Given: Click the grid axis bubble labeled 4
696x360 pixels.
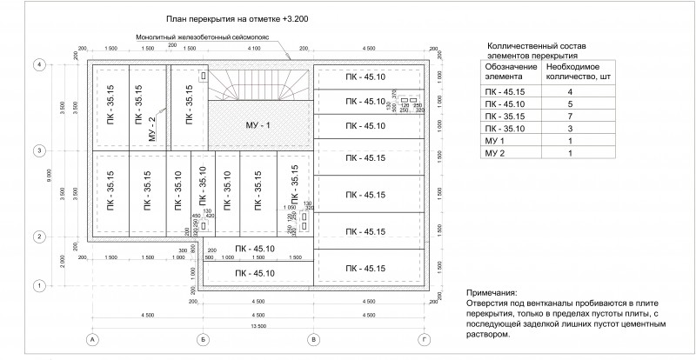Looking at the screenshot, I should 38,63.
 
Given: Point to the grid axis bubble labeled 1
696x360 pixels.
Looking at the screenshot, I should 38,284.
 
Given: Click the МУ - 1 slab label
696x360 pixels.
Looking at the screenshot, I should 259,127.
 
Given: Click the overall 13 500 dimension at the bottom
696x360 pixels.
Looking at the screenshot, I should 258,324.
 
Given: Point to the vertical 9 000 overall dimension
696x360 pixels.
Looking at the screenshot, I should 50,174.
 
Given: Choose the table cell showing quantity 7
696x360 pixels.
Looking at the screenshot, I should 569,115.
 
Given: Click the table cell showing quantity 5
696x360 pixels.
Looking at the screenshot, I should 569,103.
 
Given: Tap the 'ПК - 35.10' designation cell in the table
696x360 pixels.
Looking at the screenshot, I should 505,128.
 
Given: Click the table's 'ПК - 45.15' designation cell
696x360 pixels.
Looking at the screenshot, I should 505,90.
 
